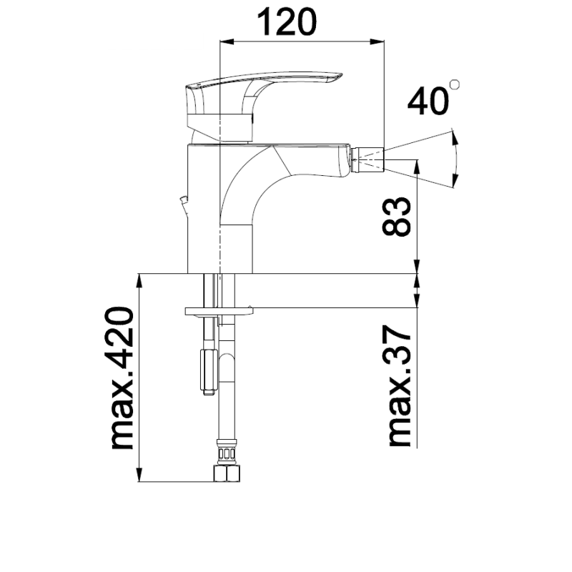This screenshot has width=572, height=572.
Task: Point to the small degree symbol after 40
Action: click(455, 85)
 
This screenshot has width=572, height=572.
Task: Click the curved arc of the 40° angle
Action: click(457, 158)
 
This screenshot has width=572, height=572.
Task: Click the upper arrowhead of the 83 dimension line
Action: click(417, 167)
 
